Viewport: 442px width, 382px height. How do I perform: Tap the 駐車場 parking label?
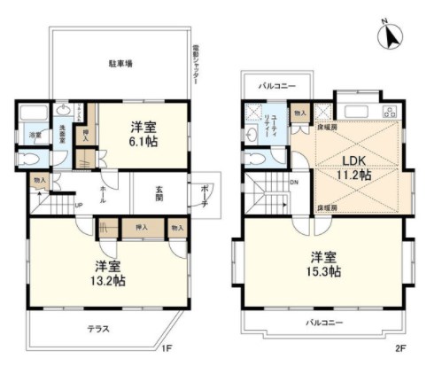(120, 64)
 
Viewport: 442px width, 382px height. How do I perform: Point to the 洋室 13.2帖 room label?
(107, 273)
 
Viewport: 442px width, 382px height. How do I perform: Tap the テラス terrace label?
(98, 329)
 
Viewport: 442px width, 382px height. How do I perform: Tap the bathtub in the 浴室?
(35, 116)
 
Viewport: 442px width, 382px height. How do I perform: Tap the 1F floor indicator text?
(167, 348)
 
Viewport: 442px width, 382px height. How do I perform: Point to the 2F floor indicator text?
(399, 348)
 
